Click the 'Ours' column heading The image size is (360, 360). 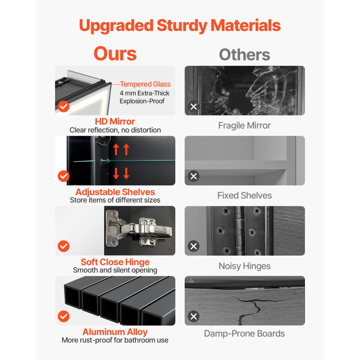115,54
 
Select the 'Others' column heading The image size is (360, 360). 244,55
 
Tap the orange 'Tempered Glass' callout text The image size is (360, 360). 145,84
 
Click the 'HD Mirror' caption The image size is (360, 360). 115,121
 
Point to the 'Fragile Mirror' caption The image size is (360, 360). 244,125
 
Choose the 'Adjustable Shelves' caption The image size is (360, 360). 115,192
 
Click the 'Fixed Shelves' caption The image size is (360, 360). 244,195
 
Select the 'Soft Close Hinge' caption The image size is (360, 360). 115,262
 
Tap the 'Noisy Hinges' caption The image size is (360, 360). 244,266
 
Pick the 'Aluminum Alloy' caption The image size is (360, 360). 115,332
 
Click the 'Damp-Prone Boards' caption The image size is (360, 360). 244,333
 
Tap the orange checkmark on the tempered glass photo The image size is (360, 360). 64,106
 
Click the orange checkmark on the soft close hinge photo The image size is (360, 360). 64,246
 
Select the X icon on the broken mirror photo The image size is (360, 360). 194,107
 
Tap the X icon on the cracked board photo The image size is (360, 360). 194,316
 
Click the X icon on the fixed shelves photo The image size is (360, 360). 194,176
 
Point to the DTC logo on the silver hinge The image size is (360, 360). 160,230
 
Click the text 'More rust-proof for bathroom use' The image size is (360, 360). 115,340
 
